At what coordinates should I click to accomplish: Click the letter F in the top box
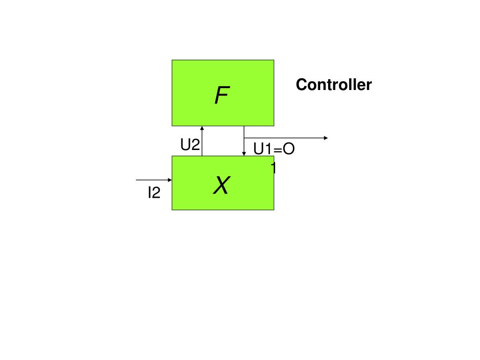coord(222,96)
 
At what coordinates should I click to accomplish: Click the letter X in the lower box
coord(221,186)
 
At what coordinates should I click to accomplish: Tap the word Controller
coord(333,85)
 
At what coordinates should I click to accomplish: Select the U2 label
coord(190,145)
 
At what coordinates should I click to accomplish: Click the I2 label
coord(154,193)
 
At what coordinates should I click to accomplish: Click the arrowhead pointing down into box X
coord(244,153)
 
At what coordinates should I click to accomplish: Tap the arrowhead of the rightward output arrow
coord(326,138)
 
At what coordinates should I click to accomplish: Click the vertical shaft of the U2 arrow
coord(202,143)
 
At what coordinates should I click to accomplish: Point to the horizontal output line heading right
coord(286,138)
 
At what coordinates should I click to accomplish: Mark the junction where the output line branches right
coord(244,138)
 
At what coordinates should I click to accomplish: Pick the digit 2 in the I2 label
coord(156,193)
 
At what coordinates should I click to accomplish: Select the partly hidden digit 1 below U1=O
coord(273,167)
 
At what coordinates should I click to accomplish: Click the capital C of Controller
coord(301,85)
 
